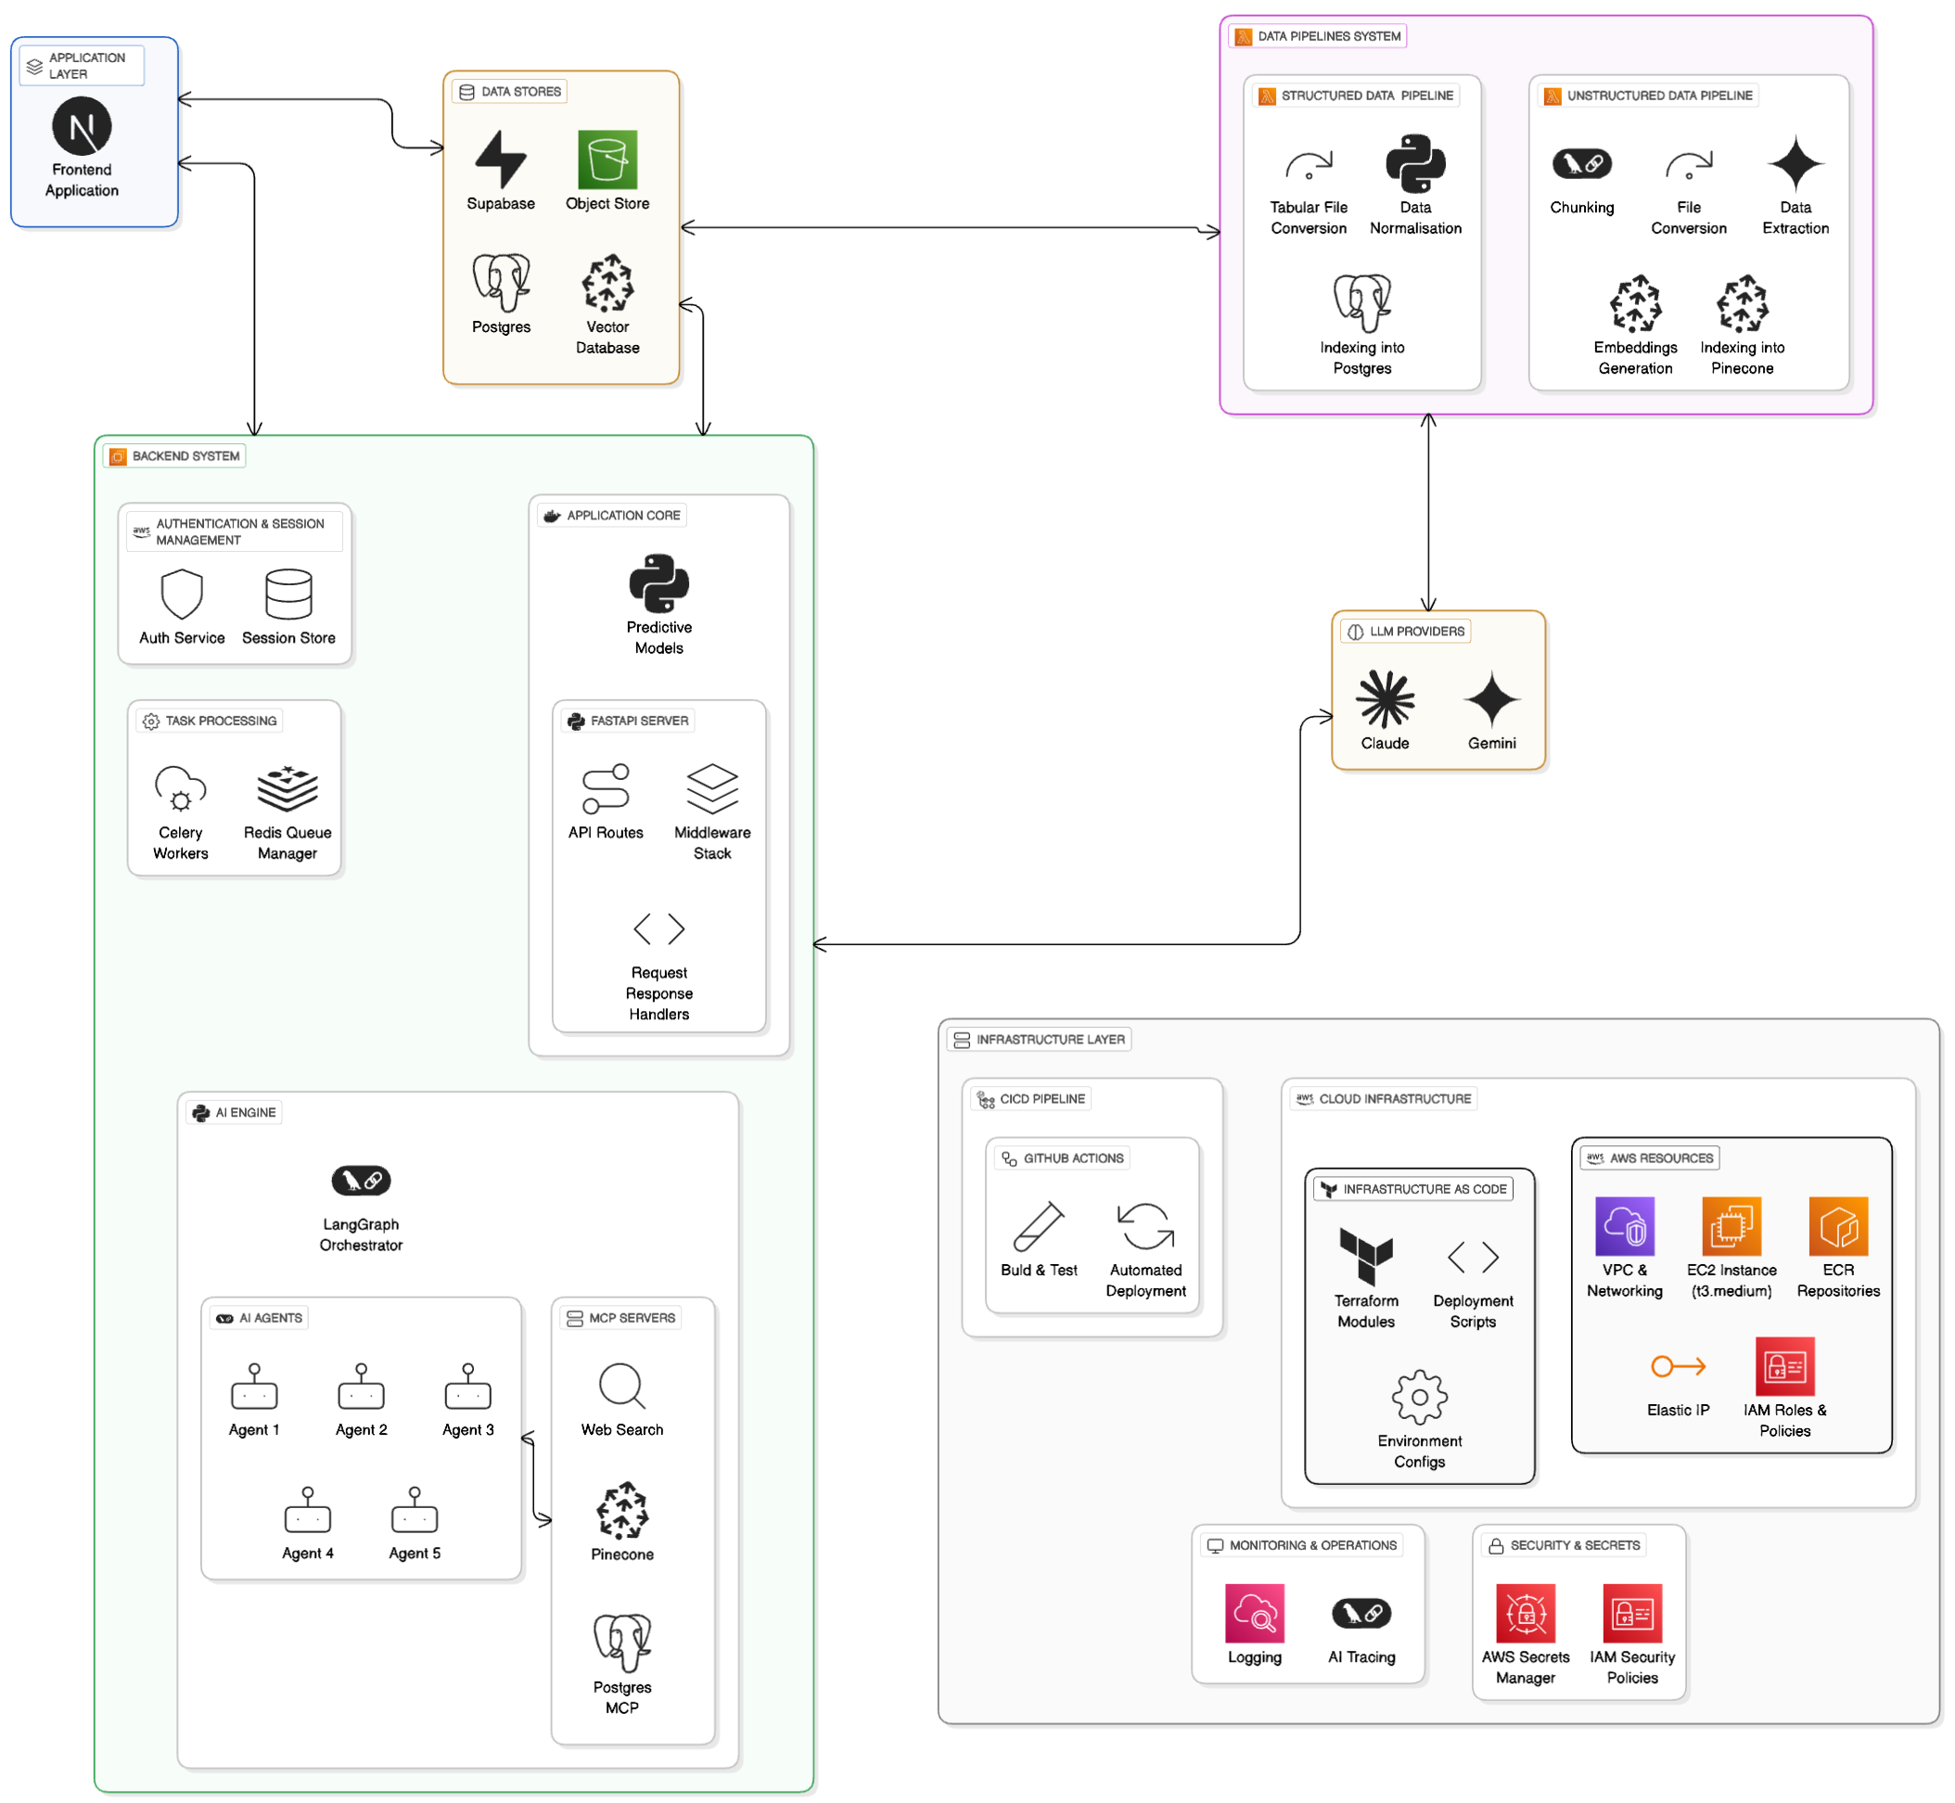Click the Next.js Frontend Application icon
82,126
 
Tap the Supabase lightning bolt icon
501,159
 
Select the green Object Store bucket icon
607,159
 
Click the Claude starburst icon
1386,699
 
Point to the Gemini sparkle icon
1492,699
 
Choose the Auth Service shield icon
182,595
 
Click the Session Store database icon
288,595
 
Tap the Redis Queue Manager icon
287,789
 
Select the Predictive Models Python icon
659,583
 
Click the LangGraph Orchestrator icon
361,1182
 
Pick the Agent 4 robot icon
307,1509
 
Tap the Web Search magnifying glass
622,1387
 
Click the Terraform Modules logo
1367,1257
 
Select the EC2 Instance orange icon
1731,1226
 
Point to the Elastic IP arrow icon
1678,1367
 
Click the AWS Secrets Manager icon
1526,1614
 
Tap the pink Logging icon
1255,1614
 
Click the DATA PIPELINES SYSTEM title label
1329,36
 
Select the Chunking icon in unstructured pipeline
1582,164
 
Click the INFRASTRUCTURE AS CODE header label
1425,1189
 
